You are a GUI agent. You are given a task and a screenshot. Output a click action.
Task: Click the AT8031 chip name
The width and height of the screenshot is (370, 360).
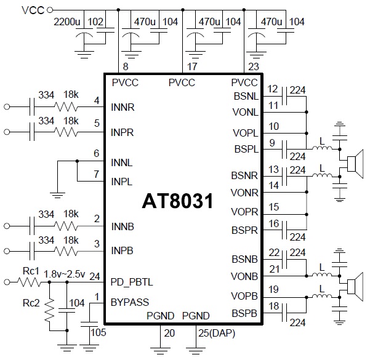click(x=178, y=201)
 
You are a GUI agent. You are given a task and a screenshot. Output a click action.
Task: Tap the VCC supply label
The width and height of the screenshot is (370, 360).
click(x=32, y=10)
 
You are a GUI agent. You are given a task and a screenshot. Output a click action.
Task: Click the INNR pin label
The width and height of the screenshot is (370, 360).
click(x=123, y=106)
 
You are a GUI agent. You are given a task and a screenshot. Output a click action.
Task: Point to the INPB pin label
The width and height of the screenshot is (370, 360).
click(x=123, y=251)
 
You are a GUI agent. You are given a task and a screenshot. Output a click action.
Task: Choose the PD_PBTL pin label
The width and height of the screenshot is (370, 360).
click(x=132, y=282)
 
